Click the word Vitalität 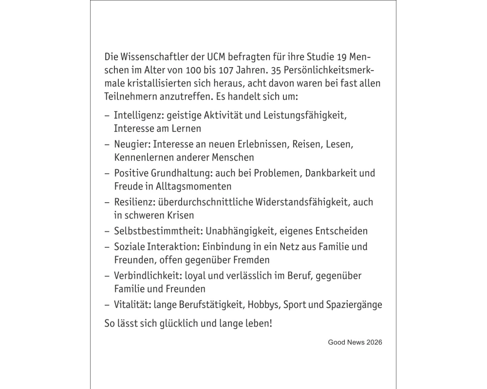click(131, 305)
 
